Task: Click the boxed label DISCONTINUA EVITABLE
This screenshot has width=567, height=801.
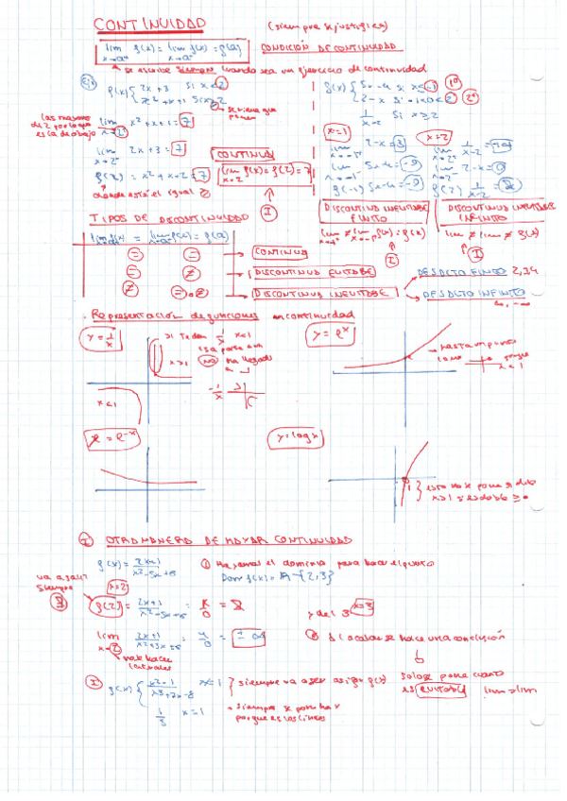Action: pyautogui.click(x=312, y=272)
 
